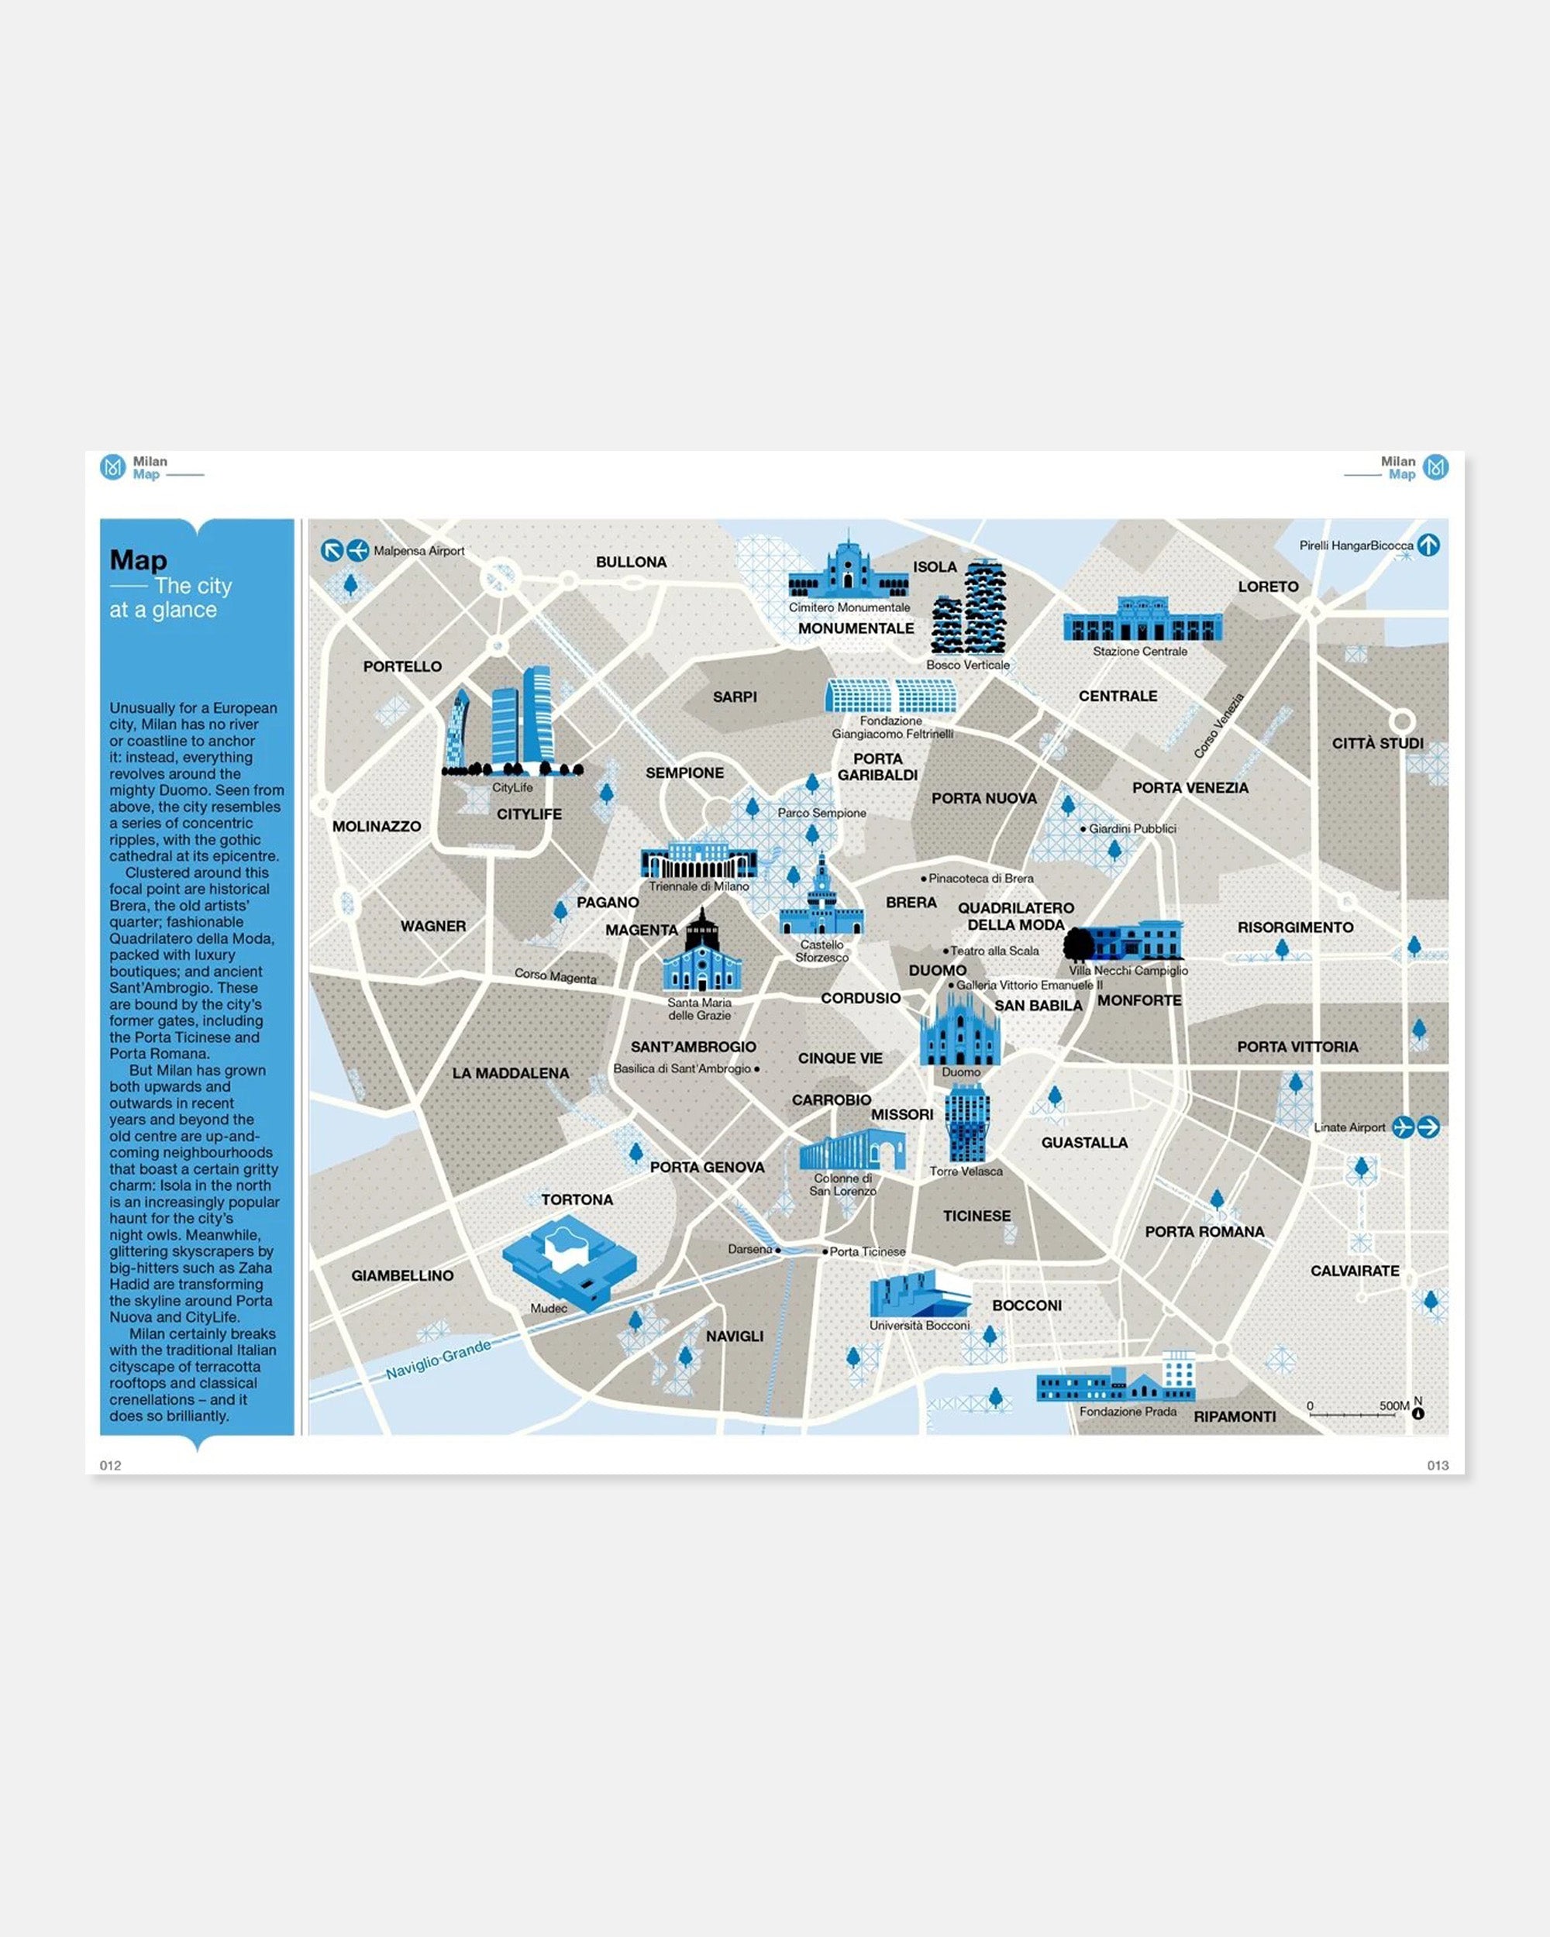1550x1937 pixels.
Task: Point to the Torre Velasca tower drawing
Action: tap(967, 1123)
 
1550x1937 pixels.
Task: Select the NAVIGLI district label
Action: tap(734, 1336)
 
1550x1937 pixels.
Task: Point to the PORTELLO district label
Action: tap(401, 666)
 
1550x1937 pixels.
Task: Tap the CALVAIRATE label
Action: tap(1354, 1271)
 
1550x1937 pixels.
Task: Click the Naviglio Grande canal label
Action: tap(439, 1358)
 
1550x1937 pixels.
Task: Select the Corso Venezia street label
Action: tap(1219, 725)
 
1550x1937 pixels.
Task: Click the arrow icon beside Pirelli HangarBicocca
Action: tap(1428, 545)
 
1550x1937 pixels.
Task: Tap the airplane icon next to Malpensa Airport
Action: tap(357, 550)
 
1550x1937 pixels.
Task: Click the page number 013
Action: tap(1438, 1465)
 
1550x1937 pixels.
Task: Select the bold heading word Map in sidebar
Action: tap(139, 559)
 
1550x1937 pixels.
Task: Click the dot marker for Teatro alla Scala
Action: tap(945, 951)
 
